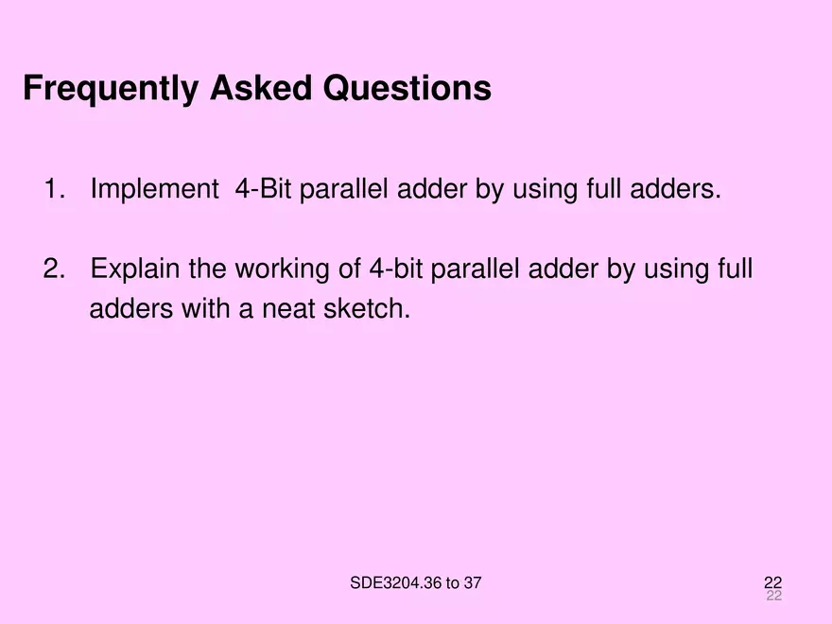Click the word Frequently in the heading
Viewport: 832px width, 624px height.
111,89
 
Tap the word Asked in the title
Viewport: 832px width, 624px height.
261,88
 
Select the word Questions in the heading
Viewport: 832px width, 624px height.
407,88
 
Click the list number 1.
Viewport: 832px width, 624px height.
54,189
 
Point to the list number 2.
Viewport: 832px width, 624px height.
54,269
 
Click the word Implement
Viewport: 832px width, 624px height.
154,190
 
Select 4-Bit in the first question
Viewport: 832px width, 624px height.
263,189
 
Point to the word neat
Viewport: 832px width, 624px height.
288,309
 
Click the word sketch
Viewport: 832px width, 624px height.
367,309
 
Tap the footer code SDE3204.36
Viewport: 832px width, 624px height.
396,583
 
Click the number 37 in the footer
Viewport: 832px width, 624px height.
472,583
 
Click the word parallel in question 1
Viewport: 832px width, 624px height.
344,190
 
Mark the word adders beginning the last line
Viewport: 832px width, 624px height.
131,308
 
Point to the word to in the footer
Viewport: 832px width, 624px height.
453,583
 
